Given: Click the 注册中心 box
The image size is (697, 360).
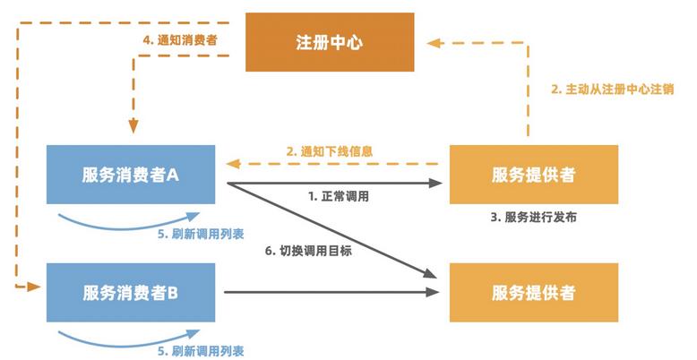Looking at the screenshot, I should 330,42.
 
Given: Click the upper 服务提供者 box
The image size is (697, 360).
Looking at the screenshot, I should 533,175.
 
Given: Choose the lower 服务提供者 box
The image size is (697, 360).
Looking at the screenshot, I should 533,293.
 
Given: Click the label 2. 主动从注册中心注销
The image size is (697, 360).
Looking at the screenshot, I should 612,90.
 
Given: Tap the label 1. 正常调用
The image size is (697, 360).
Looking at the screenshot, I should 339,194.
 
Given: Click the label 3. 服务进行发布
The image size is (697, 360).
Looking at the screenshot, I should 533,218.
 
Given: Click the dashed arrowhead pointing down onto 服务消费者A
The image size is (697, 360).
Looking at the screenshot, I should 133,126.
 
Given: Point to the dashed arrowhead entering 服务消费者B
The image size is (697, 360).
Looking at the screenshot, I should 35,286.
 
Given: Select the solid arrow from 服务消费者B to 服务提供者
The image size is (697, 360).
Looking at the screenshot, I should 331,293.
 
